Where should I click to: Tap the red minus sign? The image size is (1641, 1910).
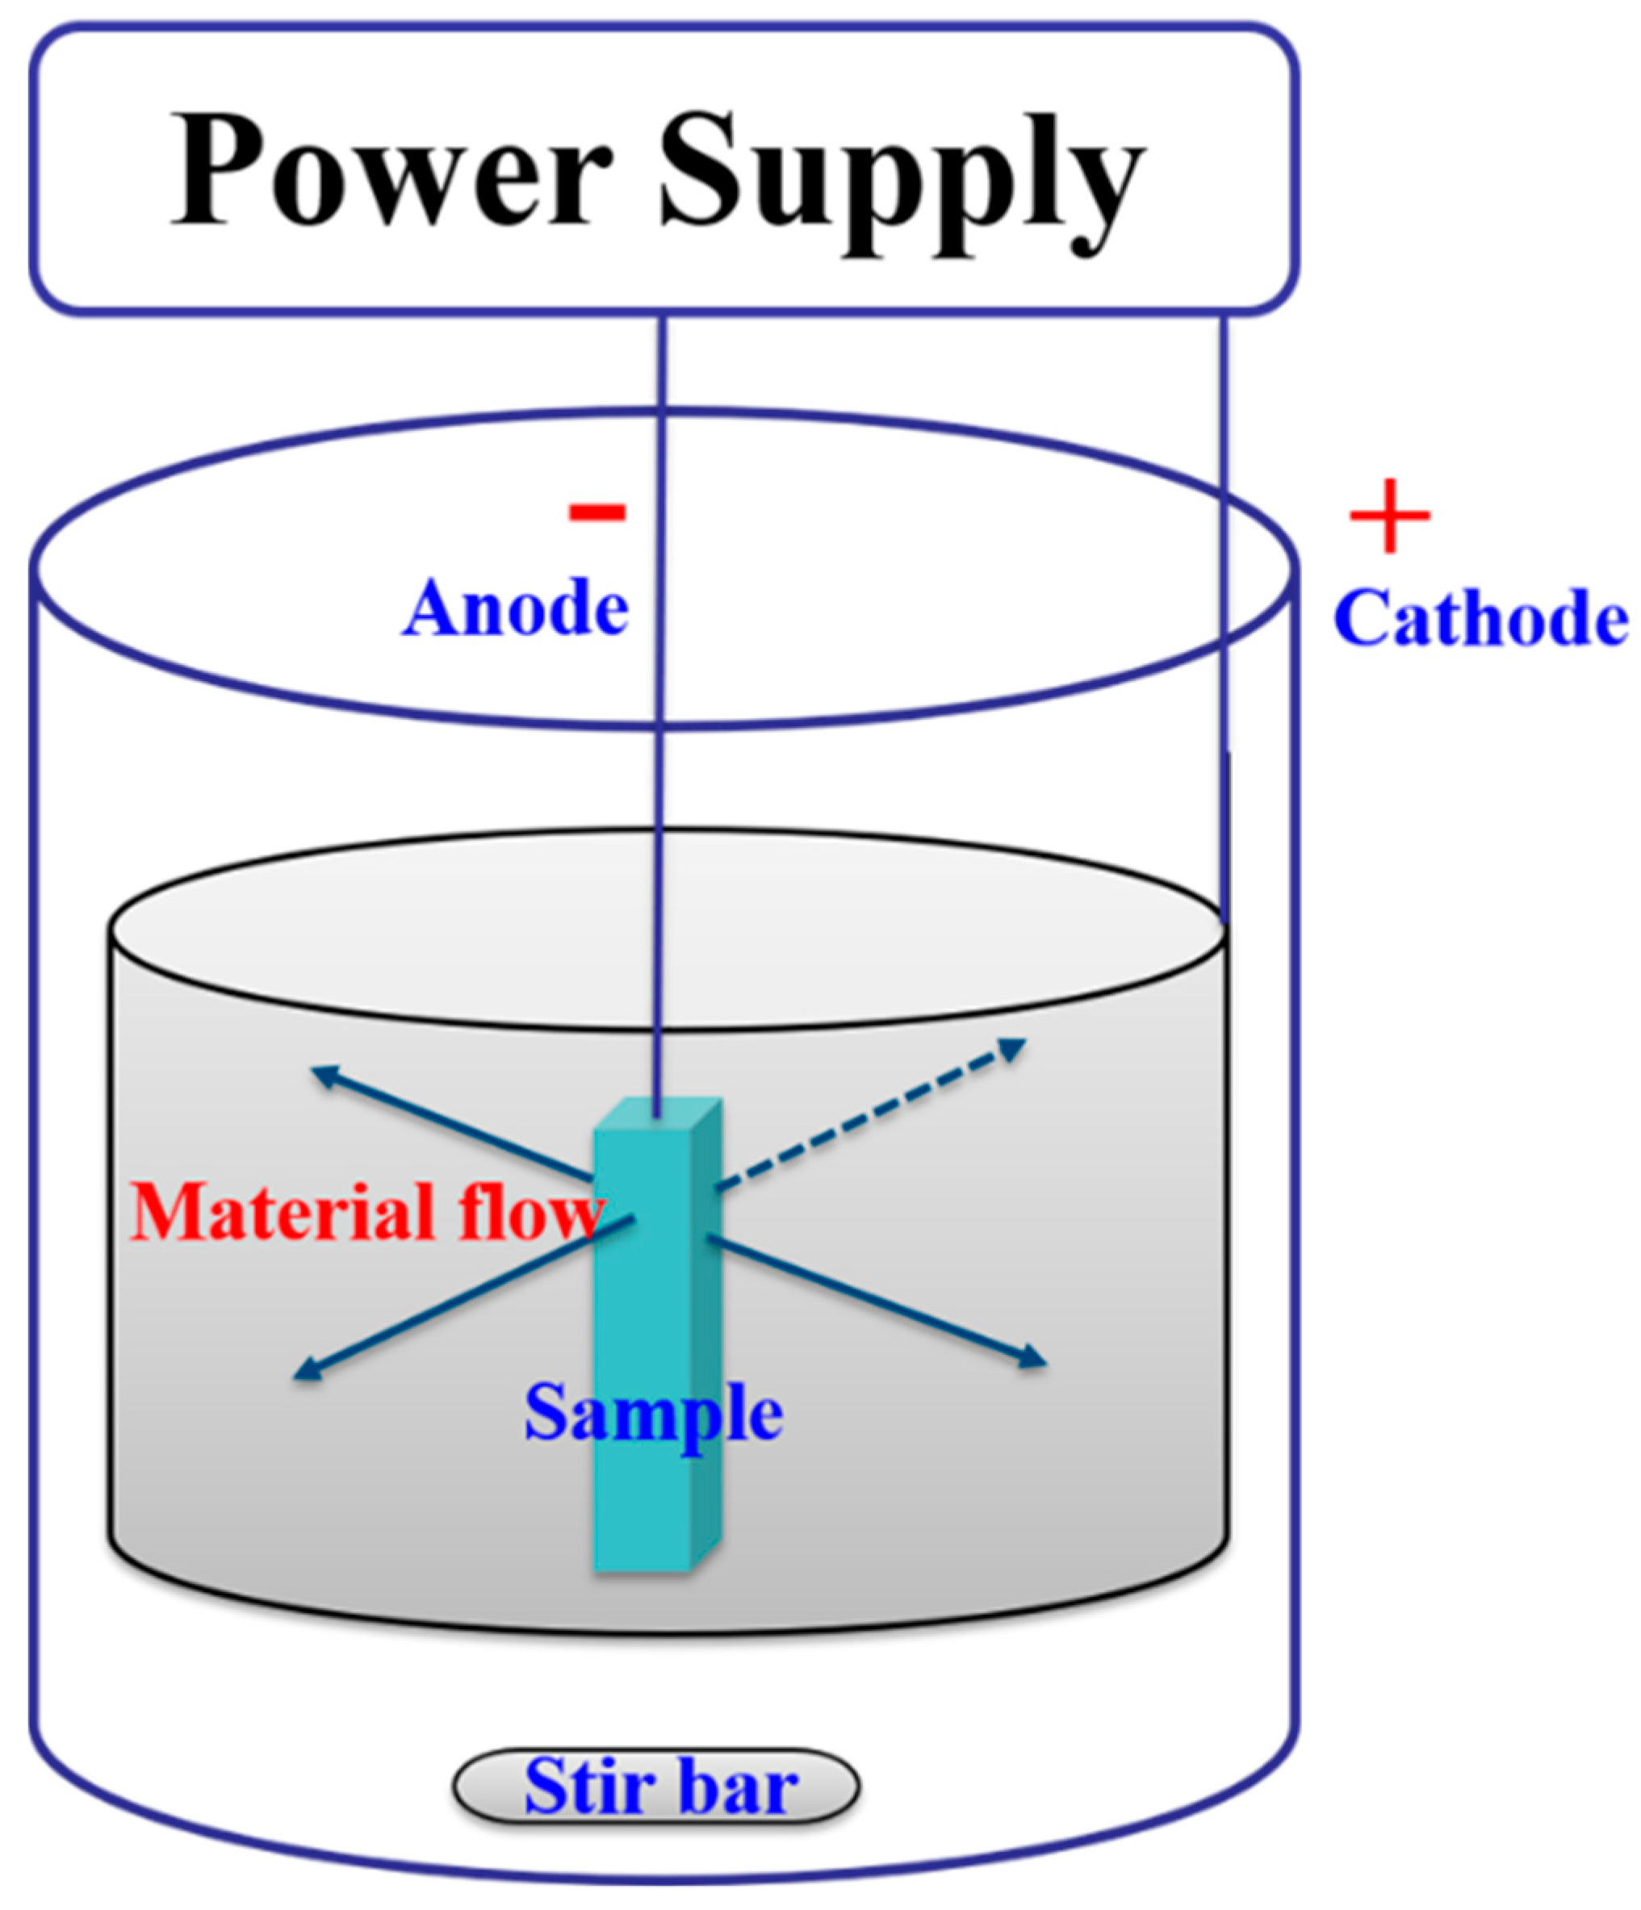click(x=597, y=512)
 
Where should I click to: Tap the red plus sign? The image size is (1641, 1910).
click(x=1389, y=516)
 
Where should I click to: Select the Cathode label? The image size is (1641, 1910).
click(x=1480, y=617)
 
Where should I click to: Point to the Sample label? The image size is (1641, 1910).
click(x=653, y=1411)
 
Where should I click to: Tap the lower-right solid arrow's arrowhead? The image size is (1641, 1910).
click(x=1034, y=1359)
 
